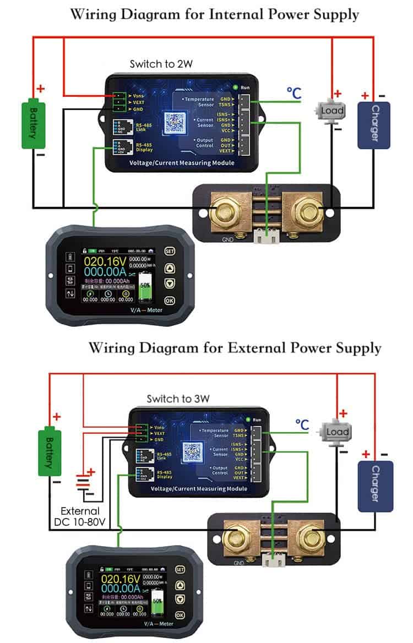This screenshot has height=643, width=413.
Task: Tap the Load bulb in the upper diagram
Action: [x=332, y=111]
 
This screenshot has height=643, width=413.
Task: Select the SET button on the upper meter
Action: [x=170, y=250]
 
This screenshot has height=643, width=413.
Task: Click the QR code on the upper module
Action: [x=175, y=122]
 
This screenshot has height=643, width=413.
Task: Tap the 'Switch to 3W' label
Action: [x=171, y=399]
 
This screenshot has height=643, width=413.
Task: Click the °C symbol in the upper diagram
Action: [x=294, y=94]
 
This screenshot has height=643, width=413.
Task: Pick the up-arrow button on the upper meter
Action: [x=170, y=268]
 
